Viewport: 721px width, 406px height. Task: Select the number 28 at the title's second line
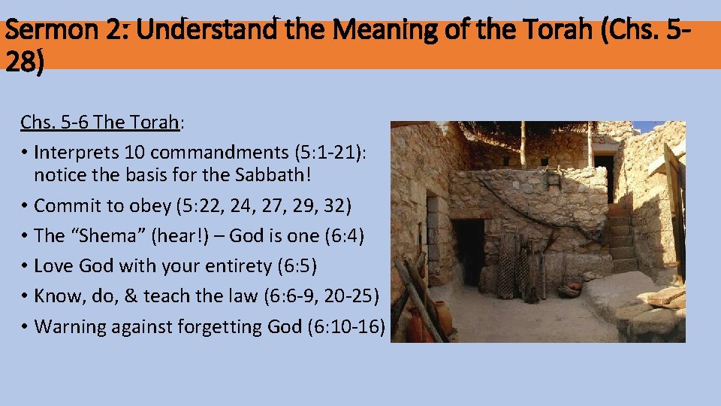[23, 61]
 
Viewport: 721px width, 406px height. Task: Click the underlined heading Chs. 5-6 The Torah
[100, 122]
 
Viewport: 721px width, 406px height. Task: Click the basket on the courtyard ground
[572, 287]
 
